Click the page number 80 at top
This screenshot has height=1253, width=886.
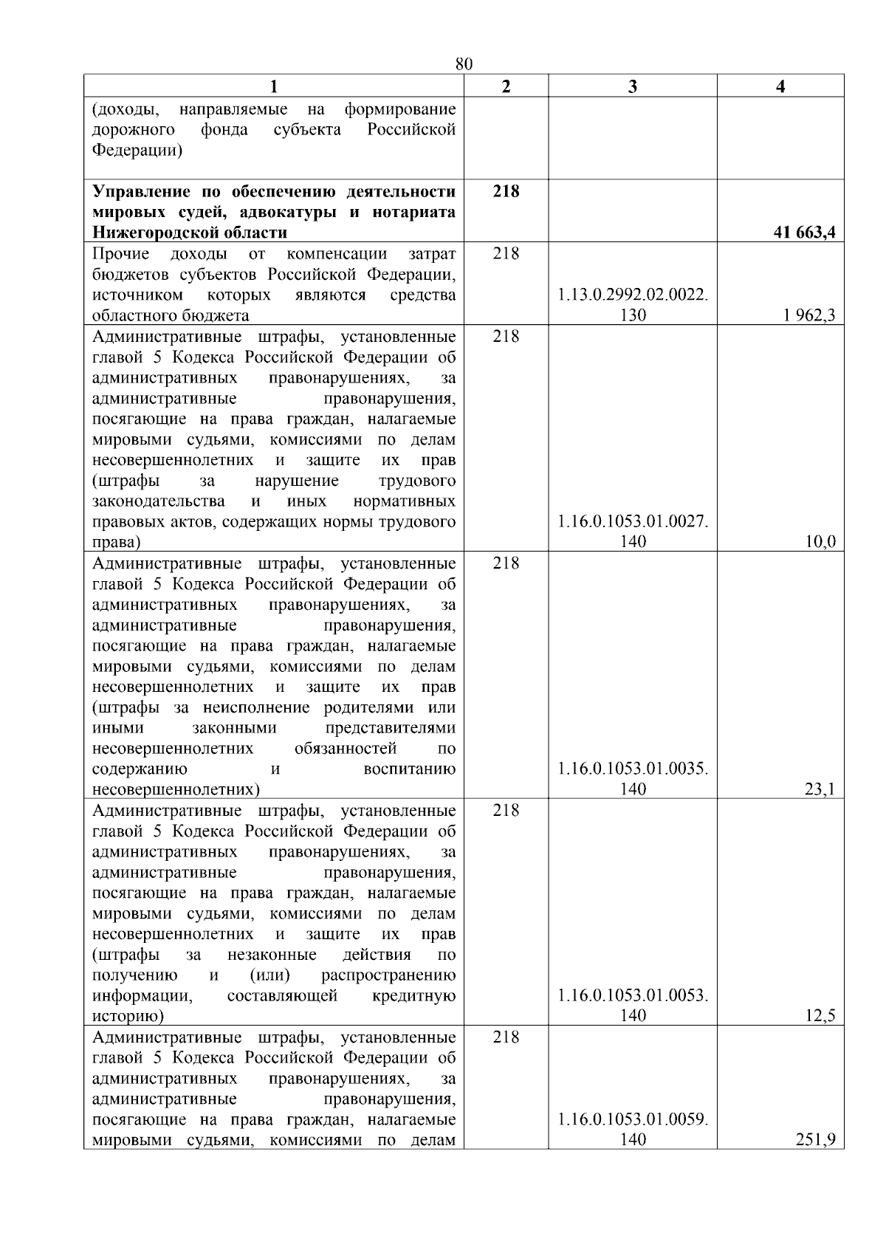click(x=464, y=64)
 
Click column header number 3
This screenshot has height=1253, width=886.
click(x=632, y=86)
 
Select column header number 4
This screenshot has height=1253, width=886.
click(x=780, y=86)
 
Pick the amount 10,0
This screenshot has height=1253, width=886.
click(x=820, y=542)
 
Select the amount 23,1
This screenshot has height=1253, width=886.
click(x=820, y=789)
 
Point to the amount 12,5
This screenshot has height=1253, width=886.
click(x=820, y=1016)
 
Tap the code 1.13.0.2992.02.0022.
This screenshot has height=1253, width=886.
click(x=633, y=295)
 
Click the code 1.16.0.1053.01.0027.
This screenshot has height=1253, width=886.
click(x=633, y=522)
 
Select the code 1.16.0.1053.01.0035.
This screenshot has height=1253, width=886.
click(x=633, y=769)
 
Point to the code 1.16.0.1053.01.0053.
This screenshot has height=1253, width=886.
click(x=633, y=996)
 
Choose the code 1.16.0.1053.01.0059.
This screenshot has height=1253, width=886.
click(x=633, y=1119)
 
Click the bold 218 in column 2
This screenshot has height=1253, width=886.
click(x=506, y=191)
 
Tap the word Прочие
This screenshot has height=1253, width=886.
click(x=120, y=254)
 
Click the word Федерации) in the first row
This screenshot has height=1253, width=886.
click(x=137, y=151)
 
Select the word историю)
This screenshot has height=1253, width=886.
click(x=128, y=1017)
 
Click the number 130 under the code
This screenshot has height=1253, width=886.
click(x=633, y=315)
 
